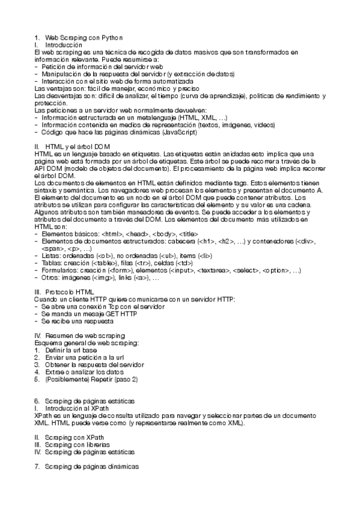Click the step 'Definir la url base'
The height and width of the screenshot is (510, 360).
tap(72, 350)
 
